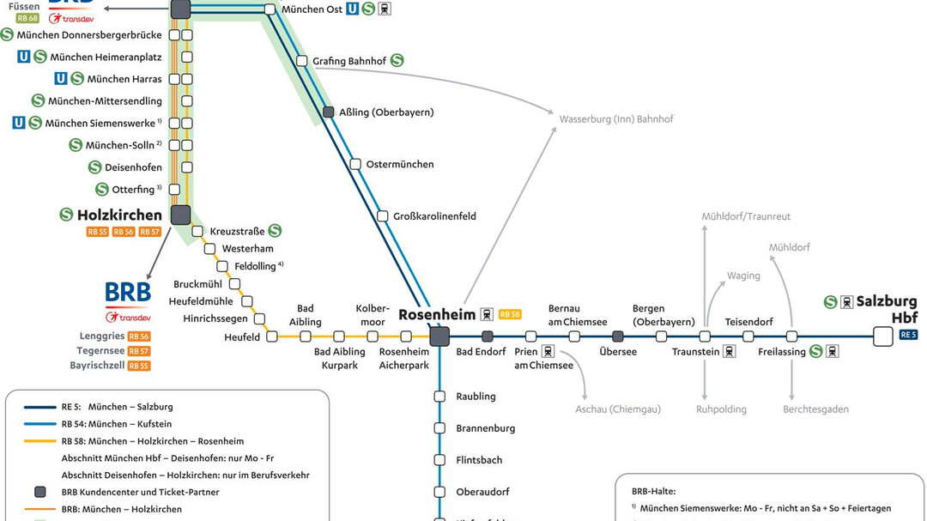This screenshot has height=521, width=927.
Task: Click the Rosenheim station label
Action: [437, 315]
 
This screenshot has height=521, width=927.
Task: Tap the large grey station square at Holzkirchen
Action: [180, 215]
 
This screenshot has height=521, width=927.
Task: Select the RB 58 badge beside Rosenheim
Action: [510, 314]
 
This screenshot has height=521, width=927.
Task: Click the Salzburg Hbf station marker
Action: [882, 336]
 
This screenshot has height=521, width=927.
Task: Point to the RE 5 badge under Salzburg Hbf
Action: [908, 335]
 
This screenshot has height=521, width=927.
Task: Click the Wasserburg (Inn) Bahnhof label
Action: [615, 119]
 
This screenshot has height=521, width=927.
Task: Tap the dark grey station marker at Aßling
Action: [328, 112]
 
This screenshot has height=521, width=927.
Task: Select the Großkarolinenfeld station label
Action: [434, 216]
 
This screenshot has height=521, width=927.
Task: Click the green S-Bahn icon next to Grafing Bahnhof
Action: [397, 61]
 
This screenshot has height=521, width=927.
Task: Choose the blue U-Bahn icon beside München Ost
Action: [352, 9]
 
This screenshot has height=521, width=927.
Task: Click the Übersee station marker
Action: [617, 336]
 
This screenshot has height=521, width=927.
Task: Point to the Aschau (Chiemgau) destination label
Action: [617, 409]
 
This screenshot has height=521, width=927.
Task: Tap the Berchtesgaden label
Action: [815, 409]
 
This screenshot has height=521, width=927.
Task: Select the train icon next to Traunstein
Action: [729, 352]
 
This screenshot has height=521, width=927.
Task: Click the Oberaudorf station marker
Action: [439, 492]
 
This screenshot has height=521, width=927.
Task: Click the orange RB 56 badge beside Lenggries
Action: [139, 337]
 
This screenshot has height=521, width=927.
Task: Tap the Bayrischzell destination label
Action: [97, 366]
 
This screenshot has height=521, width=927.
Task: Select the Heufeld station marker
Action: [272, 336]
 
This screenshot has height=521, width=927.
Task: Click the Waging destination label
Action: [743, 276]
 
